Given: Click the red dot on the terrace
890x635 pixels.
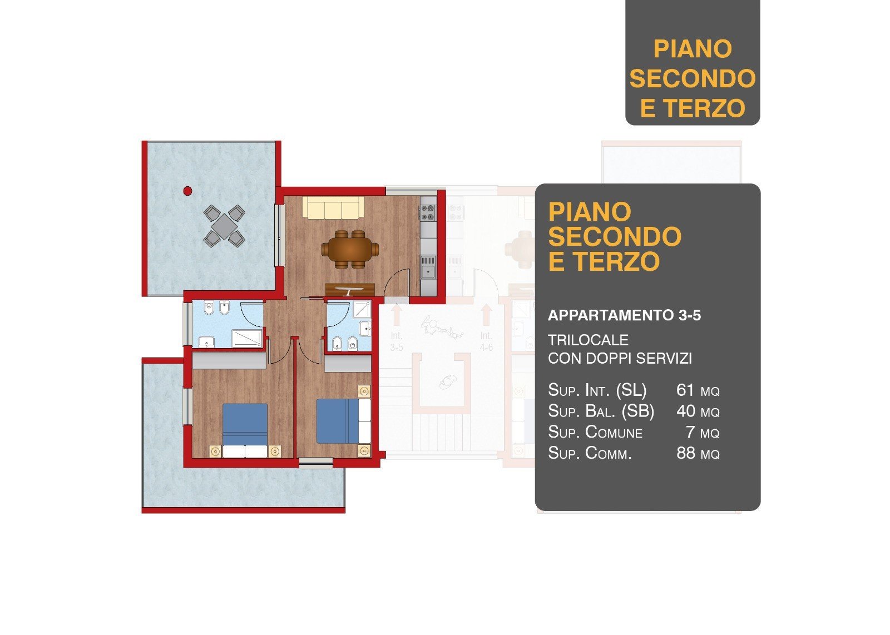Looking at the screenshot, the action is [187, 191].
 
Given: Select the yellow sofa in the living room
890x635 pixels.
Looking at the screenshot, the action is [333, 207].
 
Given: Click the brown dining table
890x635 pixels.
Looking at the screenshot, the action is [350, 249].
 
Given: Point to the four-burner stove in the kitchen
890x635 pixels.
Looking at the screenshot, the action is [428, 212].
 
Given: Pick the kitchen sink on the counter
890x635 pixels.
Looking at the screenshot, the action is [428, 267].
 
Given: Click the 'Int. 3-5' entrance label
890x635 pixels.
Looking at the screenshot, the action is [396, 341].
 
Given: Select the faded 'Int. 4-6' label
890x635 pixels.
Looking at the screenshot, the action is [486, 341].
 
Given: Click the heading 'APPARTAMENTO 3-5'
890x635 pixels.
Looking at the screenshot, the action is [624, 315].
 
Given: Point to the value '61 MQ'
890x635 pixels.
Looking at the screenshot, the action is [698, 390].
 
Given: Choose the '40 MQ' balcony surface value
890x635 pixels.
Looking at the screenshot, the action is [698, 411].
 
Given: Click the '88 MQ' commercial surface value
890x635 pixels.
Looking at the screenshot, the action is [698, 453].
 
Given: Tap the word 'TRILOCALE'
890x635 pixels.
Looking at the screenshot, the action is [588, 340].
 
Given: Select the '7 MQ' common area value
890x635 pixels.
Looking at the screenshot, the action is [703, 432].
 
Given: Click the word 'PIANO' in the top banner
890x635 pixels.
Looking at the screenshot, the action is [693, 49].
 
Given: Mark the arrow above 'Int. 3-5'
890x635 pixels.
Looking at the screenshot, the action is [396, 315].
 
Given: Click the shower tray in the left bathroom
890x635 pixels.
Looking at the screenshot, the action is [247, 339].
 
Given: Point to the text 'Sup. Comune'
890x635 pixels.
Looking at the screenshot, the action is [595, 432].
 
